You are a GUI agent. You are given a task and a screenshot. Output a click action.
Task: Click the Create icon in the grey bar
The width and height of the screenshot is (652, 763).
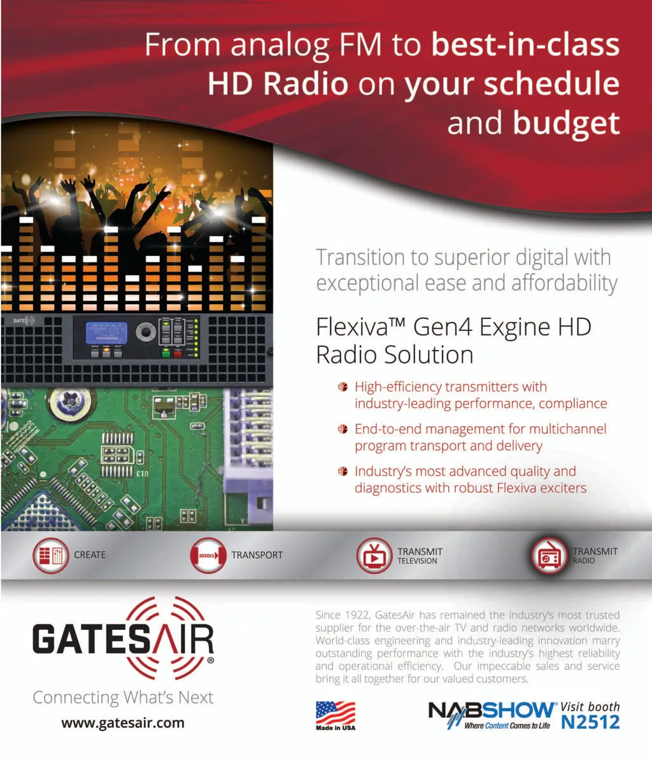coord(51,555)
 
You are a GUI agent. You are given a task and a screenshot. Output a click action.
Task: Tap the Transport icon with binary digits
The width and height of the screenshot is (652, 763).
coord(208,555)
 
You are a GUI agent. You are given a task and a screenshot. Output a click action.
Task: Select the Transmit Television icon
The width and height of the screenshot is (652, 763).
coord(374,555)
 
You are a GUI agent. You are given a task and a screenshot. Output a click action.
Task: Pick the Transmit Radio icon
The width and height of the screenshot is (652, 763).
coord(549,555)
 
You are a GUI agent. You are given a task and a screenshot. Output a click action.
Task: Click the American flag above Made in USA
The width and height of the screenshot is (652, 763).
coord(336,713)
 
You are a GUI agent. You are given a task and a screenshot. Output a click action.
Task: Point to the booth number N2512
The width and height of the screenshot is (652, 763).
coord(590,723)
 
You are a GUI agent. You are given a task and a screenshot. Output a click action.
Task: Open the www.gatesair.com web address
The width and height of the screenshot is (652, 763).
coord(123,723)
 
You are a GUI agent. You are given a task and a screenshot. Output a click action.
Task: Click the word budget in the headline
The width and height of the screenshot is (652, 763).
coord(566,123)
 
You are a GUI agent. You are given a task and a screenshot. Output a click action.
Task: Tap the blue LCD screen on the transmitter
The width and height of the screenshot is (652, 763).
coord(106,333)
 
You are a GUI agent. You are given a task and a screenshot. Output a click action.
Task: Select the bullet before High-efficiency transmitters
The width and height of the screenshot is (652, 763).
coord(343,387)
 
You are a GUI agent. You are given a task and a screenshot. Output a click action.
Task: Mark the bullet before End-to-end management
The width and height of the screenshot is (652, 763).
coord(343,429)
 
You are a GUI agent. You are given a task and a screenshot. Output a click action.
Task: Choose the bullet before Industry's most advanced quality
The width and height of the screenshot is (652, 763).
coord(343,471)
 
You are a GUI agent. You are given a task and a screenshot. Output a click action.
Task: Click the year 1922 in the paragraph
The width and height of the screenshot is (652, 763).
coord(355,615)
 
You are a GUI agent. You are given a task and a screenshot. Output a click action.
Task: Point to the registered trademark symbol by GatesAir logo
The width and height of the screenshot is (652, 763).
coord(210,661)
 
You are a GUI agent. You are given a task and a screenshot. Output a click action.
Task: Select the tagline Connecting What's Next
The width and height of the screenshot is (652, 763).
coord(123,698)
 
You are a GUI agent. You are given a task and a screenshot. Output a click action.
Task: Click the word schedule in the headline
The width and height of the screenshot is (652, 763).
coord(551,84)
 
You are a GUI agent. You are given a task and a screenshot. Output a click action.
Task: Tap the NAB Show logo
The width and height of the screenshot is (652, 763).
coord(492,715)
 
